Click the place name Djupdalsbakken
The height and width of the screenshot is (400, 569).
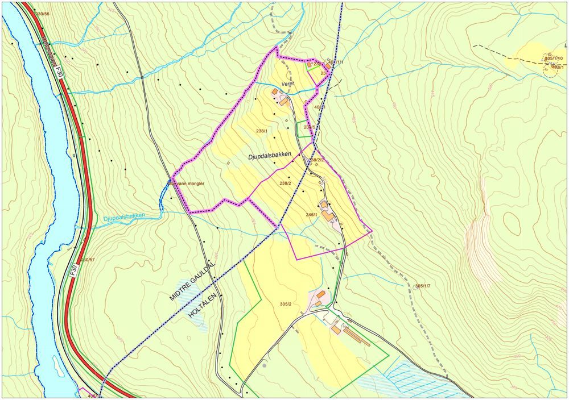point(270,155)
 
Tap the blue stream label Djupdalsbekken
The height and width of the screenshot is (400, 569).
point(125,216)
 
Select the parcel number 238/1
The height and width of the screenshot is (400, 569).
point(262,131)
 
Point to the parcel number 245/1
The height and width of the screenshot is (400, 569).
point(311,215)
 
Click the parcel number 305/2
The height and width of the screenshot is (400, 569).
point(286,304)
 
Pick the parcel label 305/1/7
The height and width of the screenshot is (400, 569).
point(423,286)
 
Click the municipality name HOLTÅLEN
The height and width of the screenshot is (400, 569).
point(204,302)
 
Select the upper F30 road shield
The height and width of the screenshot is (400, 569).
point(59,73)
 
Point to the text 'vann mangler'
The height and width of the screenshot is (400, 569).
point(188,184)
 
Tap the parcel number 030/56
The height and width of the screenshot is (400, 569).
point(42,13)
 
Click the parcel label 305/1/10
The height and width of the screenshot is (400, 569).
point(553,59)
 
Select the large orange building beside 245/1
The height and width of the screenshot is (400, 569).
point(328,216)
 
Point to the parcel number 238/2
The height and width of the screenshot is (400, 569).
point(285,183)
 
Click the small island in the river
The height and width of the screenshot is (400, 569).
point(59,366)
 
